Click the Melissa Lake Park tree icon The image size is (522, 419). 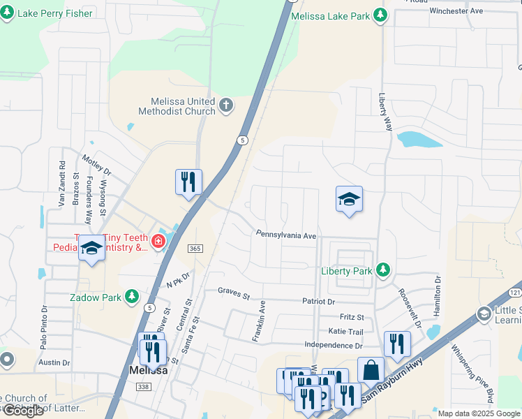click(x=380, y=15)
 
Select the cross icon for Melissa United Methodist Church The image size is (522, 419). click(x=225, y=106)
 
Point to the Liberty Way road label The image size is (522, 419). click(x=384, y=110)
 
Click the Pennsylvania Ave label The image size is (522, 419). click(x=286, y=235)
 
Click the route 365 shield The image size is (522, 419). click(x=195, y=249)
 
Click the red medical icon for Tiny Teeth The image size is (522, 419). click(x=158, y=242)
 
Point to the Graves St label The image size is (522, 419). click(x=233, y=290)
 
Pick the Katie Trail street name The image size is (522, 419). click(x=346, y=332)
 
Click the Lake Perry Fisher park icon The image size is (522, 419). click(x=8, y=13)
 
